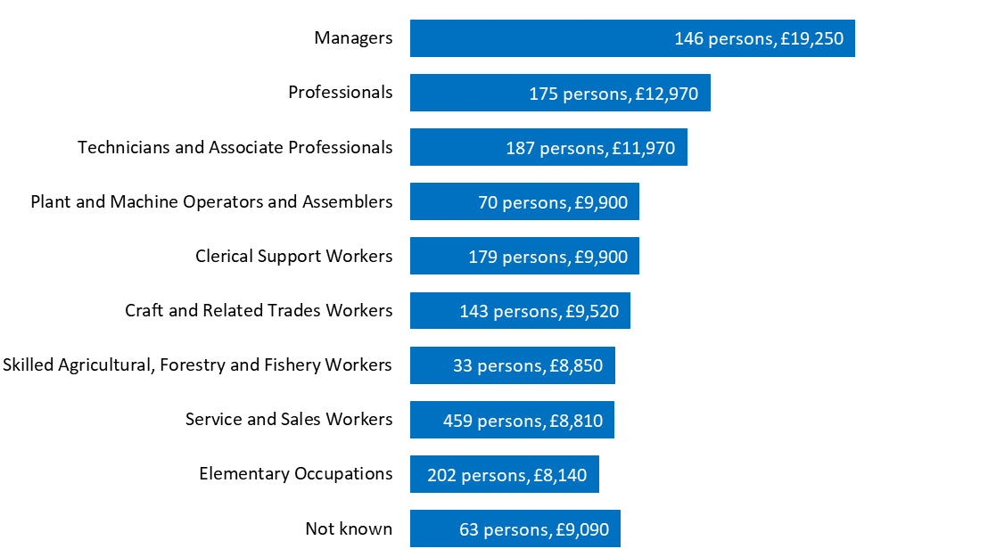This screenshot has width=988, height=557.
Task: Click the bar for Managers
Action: click(x=535, y=38)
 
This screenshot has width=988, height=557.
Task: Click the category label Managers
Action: click(x=353, y=38)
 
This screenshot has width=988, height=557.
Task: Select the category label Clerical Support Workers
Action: click(x=293, y=257)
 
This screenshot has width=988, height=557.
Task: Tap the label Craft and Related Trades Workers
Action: click(x=259, y=311)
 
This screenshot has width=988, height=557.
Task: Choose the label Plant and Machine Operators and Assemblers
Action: click(x=211, y=202)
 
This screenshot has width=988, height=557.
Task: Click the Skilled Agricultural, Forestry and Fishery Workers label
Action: click(x=197, y=365)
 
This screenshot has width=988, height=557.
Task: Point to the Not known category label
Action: click(x=349, y=529)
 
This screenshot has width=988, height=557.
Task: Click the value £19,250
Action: click(x=811, y=38)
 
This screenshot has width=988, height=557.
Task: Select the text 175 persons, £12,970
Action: click(x=613, y=94)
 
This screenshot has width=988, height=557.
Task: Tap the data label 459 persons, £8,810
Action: click(x=523, y=421)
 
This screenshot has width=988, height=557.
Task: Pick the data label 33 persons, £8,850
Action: click(x=528, y=365)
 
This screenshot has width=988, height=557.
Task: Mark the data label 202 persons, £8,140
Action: click(x=506, y=475)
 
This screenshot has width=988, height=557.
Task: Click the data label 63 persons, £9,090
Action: click(x=534, y=529)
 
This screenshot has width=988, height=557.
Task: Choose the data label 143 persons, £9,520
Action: click(x=539, y=311)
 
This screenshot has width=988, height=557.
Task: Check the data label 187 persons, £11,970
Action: click(x=590, y=148)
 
